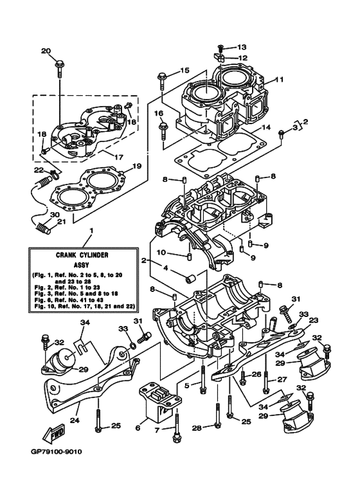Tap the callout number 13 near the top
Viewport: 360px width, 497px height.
(241, 48)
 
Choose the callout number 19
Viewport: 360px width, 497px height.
(136, 167)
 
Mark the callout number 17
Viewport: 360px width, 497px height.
(118, 156)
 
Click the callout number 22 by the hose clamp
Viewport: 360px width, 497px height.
(38, 170)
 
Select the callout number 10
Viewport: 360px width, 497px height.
(162, 252)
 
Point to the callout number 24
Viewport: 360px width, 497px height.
(75, 422)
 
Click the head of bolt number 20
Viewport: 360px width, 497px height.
(60, 62)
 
